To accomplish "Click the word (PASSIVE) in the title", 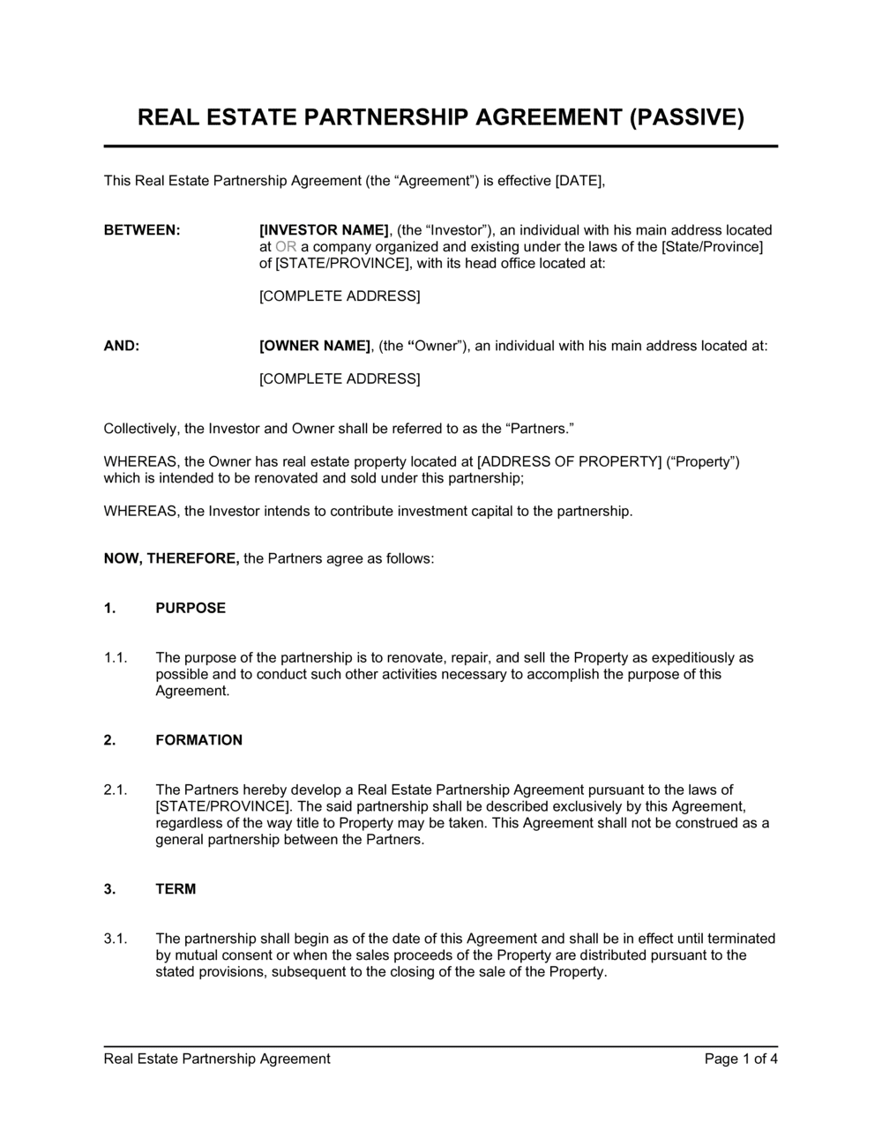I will [x=686, y=117].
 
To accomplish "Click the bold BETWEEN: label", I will [x=142, y=230].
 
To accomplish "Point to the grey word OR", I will [x=286, y=247].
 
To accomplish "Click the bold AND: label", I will [x=122, y=346].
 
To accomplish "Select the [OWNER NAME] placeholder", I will [x=315, y=346].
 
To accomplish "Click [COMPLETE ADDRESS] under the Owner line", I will [x=340, y=379].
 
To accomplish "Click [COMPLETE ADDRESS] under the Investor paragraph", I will [x=340, y=296].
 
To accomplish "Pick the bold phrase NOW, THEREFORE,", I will [x=171, y=559].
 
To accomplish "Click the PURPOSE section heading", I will [x=191, y=608].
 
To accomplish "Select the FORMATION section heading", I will [x=198, y=740].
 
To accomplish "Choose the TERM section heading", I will [x=176, y=889].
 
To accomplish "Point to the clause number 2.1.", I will [x=116, y=790].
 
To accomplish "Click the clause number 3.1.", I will [x=116, y=939].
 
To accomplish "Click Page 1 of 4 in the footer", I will [x=741, y=1059].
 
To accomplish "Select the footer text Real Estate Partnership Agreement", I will [x=217, y=1059].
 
